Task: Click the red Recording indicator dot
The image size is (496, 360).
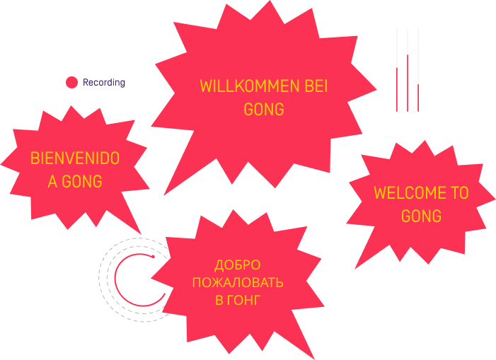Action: tap(71, 82)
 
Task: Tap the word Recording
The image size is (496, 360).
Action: tap(104, 82)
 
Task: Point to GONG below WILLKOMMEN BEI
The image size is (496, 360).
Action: tap(264, 110)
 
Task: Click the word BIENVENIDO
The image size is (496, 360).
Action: tap(75, 158)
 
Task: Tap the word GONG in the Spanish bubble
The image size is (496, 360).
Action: tap(82, 182)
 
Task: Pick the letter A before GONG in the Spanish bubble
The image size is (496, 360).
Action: tap(52, 182)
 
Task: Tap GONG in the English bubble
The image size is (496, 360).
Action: tap(421, 216)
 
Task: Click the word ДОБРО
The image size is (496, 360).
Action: tap(238, 266)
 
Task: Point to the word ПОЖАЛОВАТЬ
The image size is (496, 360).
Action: tap(238, 283)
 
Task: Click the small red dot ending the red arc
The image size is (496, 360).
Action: tap(151, 256)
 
